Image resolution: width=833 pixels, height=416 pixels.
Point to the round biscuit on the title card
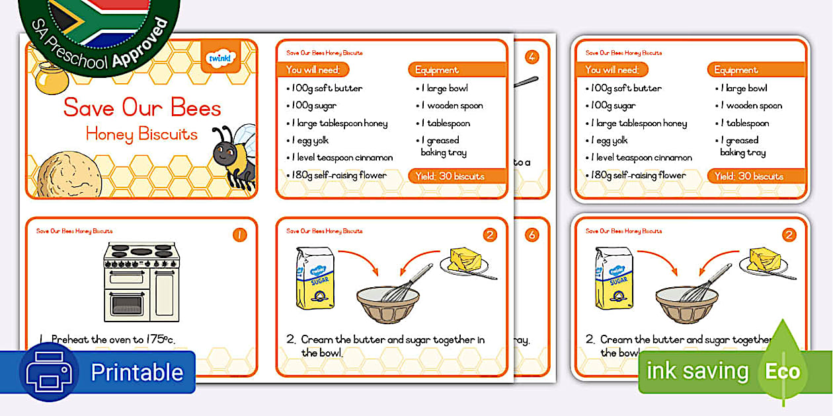tap(69, 176)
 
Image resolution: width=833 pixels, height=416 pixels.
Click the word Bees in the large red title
tap(196, 108)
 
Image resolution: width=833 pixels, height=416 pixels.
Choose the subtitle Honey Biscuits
tap(141, 134)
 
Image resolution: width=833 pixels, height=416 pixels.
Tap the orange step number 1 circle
tap(239, 235)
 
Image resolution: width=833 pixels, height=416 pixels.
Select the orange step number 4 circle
tap(532, 57)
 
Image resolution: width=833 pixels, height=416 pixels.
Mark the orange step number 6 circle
tap(532, 235)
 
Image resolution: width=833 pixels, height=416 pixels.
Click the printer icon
tap(49, 372)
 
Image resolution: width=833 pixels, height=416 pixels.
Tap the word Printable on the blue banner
tap(136, 372)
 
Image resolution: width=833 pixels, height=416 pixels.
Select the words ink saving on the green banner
tap(697, 372)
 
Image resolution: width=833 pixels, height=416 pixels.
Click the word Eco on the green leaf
tap(783, 372)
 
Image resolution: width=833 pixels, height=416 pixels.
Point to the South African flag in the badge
tap(99, 20)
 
